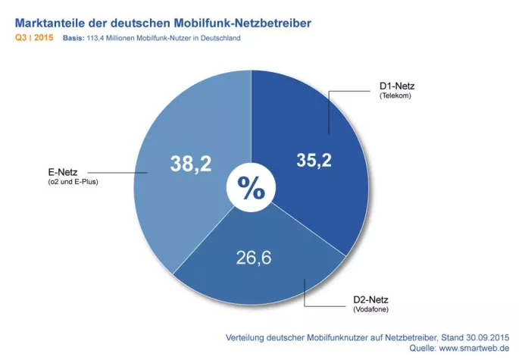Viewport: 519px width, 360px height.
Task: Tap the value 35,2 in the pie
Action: [x=312, y=160]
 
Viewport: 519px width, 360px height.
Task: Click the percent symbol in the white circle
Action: [x=251, y=188]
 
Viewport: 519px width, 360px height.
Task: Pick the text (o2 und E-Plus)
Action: [x=73, y=183]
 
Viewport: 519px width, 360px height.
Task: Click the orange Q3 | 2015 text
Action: [x=33, y=38]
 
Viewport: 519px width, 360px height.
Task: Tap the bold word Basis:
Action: [x=74, y=38]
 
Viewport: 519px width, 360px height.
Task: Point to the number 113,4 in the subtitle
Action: [x=98, y=38]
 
